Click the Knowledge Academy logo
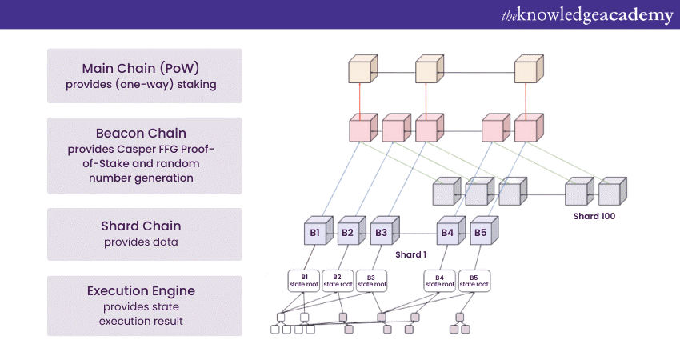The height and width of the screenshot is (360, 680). click(586, 14)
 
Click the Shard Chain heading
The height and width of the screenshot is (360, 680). click(145, 226)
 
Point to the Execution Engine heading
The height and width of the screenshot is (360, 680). click(145, 291)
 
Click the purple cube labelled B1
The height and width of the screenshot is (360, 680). click(314, 234)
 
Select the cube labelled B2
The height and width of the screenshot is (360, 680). click(346, 234)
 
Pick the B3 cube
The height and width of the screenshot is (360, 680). click(380, 234)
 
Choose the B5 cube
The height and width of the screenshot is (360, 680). click(479, 234)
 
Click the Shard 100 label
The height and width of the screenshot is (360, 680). click(594, 216)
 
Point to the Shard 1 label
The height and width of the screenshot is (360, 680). click(411, 254)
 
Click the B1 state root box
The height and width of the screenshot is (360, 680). click(304, 280)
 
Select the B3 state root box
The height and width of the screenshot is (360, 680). click(371, 280)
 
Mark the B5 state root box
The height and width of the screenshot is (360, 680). click(474, 280)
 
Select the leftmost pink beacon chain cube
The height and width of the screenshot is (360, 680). click(362, 130)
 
